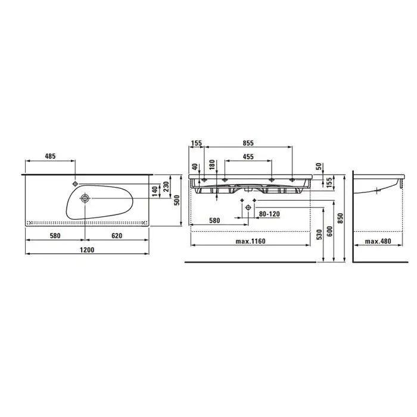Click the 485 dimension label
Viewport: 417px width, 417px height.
tap(50, 156)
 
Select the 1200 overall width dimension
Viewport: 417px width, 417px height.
tap(87, 250)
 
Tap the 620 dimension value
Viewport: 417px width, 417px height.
tap(117, 236)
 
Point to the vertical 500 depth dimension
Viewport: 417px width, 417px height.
tap(177, 200)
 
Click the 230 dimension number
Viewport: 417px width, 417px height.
tap(166, 186)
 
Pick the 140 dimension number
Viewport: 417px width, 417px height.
tap(155, 191)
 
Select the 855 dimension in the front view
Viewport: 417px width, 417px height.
tap(248, 143)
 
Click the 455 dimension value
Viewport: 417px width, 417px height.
tap(248, 157)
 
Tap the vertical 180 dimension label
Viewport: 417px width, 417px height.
tap(212, 165)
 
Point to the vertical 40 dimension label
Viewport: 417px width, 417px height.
tap(195, 167)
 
